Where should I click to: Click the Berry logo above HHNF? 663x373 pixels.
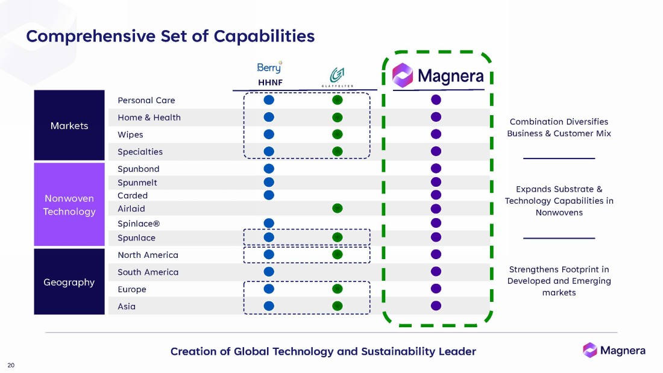[269, 67]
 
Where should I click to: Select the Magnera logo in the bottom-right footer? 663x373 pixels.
[614, 350]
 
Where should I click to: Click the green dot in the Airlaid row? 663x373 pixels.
[338, 208]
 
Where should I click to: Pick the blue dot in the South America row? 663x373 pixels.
[269, 272]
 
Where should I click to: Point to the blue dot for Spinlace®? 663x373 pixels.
[269, 224]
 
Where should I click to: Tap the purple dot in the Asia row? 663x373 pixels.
[436, 306]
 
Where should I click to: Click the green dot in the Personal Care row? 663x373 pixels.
[338, 100]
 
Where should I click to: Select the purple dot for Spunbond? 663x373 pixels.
[436, 169]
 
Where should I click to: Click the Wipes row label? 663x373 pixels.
[130, 134]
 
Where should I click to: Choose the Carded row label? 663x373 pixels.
[133, 196]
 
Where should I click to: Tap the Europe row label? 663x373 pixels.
[132, 289]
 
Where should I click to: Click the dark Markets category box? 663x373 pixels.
[69, 125]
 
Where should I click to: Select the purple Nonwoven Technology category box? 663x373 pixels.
[69, 205]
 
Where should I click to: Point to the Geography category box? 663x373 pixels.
[69, 282]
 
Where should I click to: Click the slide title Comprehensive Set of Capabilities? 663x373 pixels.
[170, 36]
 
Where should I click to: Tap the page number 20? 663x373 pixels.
[11, 365]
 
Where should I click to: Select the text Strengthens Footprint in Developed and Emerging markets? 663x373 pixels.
[559, 281]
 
